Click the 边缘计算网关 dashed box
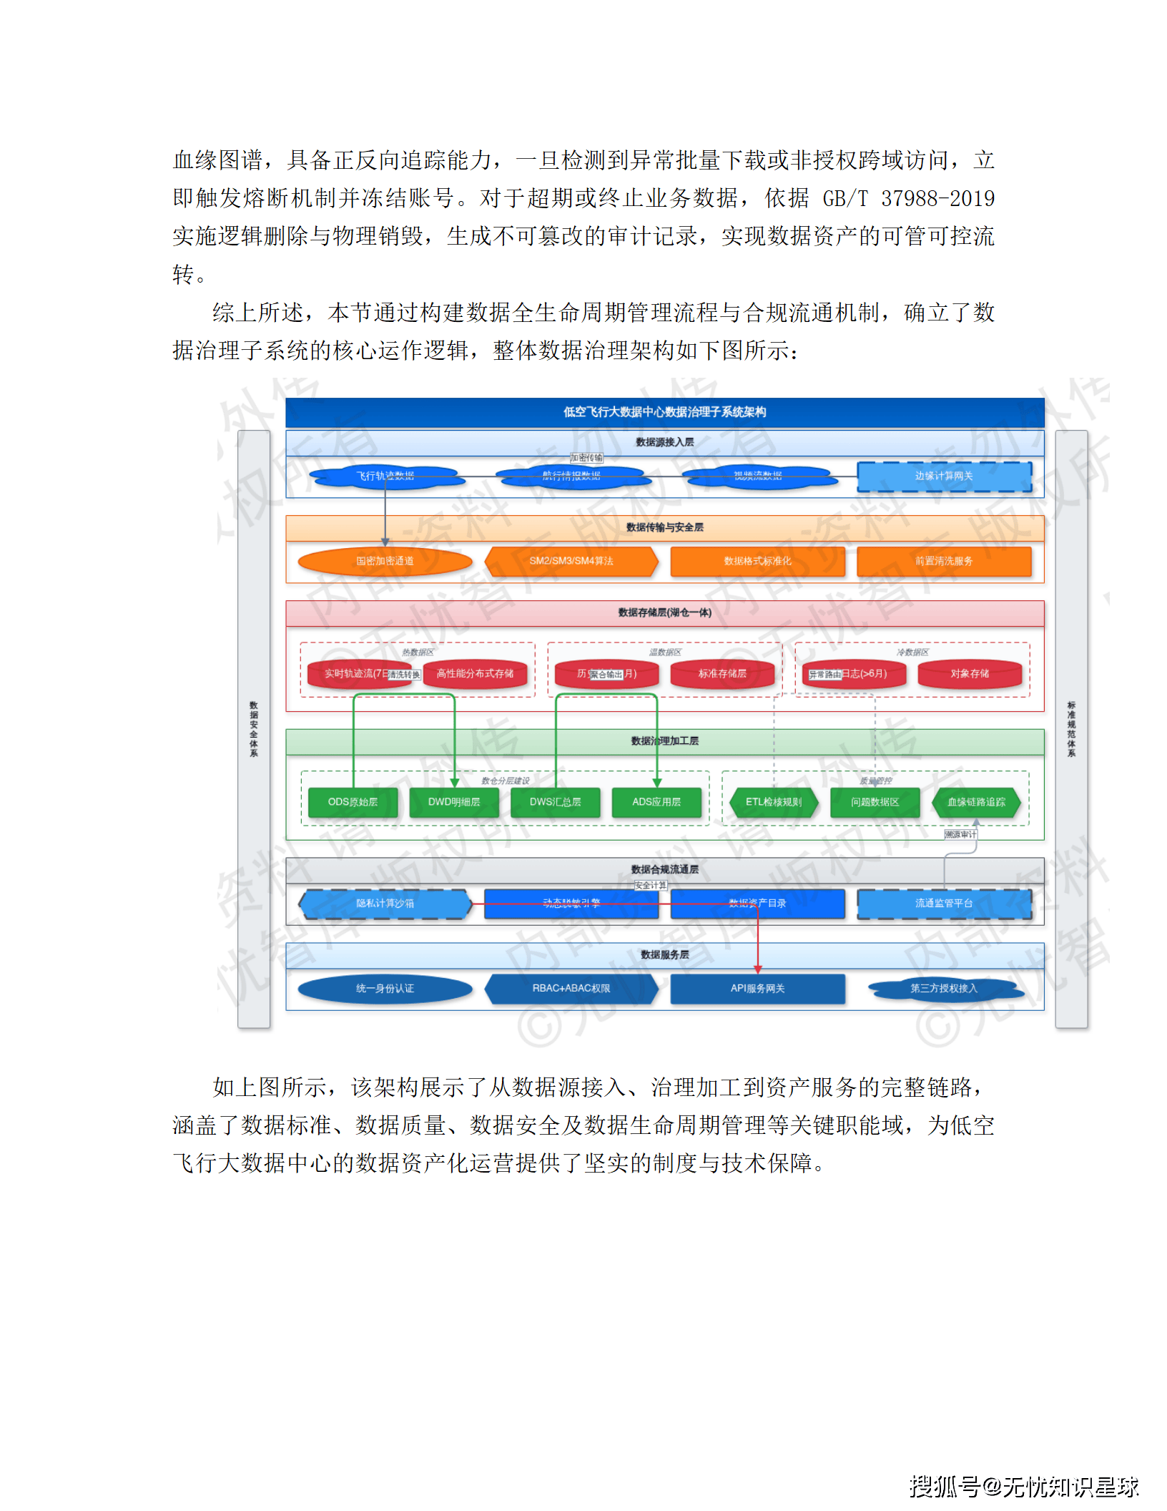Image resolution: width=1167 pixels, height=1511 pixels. pyautogui.click(x=944, y=476)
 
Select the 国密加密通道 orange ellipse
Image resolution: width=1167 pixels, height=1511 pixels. pyautogui.click(x=385, y=562)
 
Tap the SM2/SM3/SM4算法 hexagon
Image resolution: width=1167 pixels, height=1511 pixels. pyautogui.click(x=571, y=562)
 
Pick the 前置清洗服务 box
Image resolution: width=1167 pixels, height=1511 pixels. pyautogui.click(x=944, y=562)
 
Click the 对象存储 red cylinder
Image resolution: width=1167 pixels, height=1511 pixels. pyautogui.click(x=970, y=674)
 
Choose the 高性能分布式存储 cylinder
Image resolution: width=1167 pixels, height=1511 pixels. pyautogui.click(x=476, y=674)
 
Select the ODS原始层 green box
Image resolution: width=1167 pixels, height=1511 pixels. pyautogui.click(x=353, y=803)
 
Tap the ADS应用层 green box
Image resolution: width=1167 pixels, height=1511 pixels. pyautogui.click(x=656, y=803)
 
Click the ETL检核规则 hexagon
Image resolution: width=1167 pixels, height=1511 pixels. pyautogui.click(x=774, y=803)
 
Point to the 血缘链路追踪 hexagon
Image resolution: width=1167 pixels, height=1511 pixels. pyautogui.click(x=976, y=803)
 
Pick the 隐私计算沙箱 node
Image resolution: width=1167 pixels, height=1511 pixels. pyautogui.click(x=385, y=904)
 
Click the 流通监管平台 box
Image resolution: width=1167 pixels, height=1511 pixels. pyautogui.click(x=944, y=904)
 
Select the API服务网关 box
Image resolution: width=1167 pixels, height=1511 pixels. pyautogui.click(x=757, y=989)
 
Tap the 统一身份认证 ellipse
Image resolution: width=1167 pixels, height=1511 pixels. pyautogui.click(x=385, y=989)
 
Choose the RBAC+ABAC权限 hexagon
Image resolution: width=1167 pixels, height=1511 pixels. pyautogui.click(x=571, y=989)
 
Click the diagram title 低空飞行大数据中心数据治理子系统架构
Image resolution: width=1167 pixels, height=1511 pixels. pyautogui.click(x=664, y=412)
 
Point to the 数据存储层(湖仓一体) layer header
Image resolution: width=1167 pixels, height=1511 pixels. pyautogui.click(x=664, y=613)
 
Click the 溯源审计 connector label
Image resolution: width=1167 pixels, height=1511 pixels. pyautogui.click(x=960, y=835)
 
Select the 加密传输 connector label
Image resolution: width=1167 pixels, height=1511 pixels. pyautogui.click(x=586, y=458)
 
